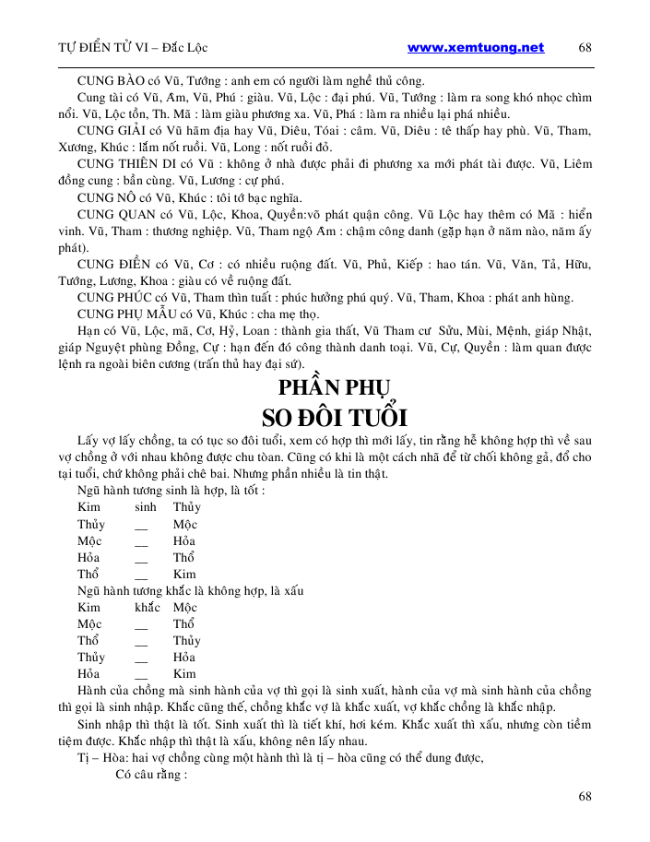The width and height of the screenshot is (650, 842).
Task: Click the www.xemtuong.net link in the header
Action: click(x=475, y=48)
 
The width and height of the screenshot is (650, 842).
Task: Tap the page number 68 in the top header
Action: click(x=585, y=48)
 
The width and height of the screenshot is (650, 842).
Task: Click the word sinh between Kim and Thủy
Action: click(x=146, y=507)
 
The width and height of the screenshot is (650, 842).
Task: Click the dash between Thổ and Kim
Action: click(x=141, y=575)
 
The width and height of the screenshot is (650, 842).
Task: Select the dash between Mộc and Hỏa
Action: click(x=141, y=541)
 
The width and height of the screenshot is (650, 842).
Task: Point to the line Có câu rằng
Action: click(x=151, y=775)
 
